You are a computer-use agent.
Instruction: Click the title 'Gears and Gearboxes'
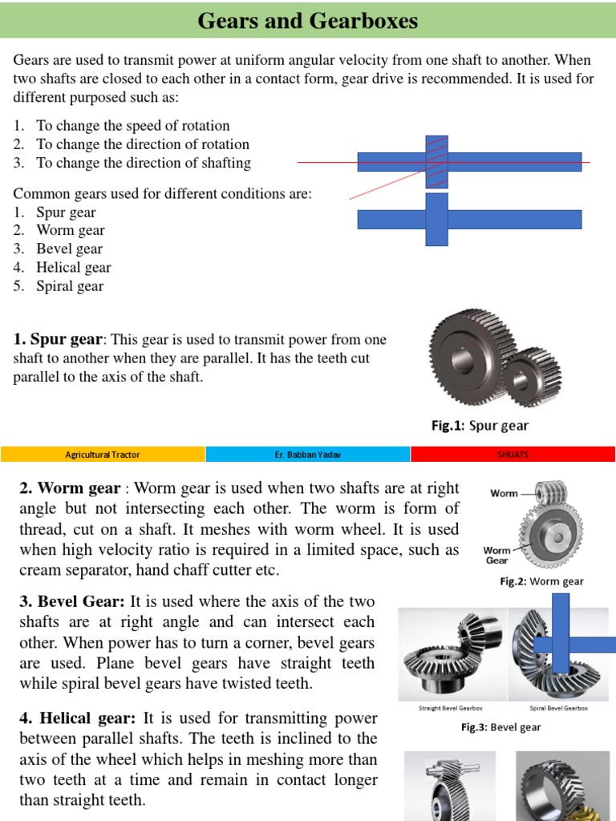click(308, 21)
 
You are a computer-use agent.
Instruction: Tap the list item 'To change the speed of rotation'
click(132, 126)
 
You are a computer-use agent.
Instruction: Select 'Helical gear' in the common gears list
click(73, 268)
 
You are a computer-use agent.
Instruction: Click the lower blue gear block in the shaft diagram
click(436, 219)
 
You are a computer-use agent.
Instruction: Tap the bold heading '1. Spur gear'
click(58, 340)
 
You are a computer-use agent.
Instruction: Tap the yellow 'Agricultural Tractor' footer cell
click(103, 455)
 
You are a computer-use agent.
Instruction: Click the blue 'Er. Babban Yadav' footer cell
click(308, 455)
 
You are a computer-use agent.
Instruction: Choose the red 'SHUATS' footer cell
click(513, 455)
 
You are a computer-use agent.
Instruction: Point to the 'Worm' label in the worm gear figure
click(504, 493)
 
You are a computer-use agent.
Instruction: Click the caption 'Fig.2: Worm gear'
click(541, 581)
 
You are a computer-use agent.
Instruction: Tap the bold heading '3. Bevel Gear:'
click(71, 601)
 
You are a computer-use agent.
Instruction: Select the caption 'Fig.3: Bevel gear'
click(500, 727)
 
